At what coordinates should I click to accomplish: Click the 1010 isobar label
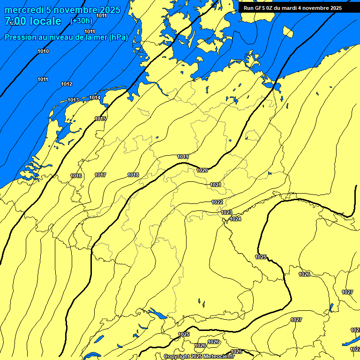coord(43,51)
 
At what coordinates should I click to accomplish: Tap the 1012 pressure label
coord(67,84)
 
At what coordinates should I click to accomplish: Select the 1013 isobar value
coord(73,100)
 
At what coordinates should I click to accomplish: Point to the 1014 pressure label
coord(95,97)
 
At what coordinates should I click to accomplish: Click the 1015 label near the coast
coord(100,119)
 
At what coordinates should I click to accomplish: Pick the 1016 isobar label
coord(76,176)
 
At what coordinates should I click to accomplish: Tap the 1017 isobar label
coord(100,175)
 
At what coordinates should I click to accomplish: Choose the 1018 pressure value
coord(133,175)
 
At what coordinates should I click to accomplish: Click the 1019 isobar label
coord(183,157)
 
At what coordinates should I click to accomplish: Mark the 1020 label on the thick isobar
coord(202,170)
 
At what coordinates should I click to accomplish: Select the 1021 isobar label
coord(216,185)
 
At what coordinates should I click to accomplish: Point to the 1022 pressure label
coord(217,202)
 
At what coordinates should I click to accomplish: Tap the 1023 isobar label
coord(226,212)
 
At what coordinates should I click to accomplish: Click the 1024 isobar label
coord(235,219)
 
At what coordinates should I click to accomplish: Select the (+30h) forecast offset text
coord(81,21)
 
